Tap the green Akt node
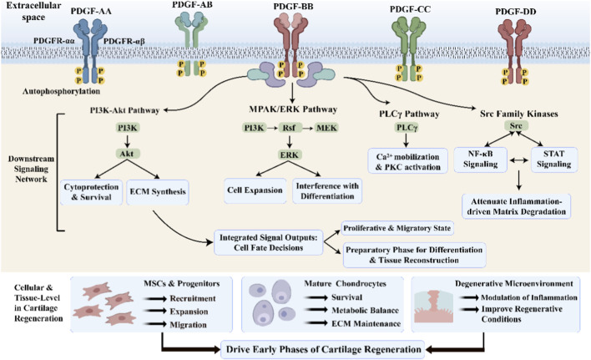pos(127,154)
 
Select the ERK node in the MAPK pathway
pos(290,155)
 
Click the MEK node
pos(326,128)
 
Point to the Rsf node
pos(289,128)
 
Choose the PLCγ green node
pos(407,128)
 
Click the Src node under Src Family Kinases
pos(516,126)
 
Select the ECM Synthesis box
pos(158,192)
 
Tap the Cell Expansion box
pos(255,190)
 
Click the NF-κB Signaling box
pos(481,159)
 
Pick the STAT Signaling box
pos(554,159)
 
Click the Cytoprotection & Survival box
pos(92,192)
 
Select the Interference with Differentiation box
pos(327,190)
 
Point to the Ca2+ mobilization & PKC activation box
pos(408,161)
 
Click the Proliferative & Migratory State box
pos(397,228)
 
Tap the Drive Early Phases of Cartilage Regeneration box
pos(323,349)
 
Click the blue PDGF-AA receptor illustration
pos(90,51)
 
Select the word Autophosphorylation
pos(62,91)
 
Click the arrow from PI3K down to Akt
pos(127,140)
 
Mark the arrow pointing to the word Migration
pos(155,324)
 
